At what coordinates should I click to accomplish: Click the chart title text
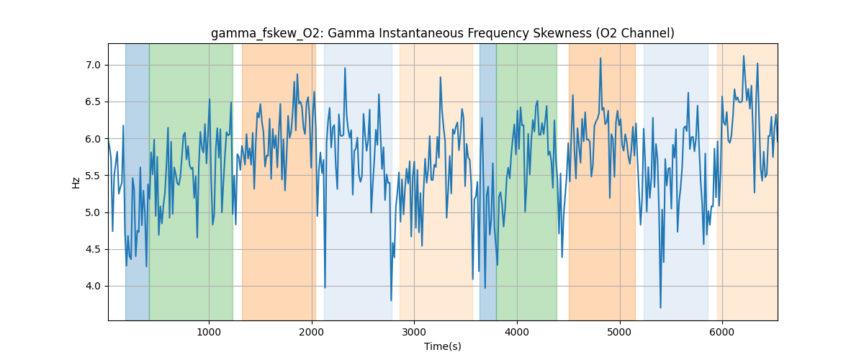pyautogui.click(x=442, y=33)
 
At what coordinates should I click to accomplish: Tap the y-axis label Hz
pyautogui.click(x=76, y=182)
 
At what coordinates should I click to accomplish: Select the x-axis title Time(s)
pyautogui.click(x=442, y=346)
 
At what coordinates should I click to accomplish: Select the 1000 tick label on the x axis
pyautogui.click(x=209, y=332)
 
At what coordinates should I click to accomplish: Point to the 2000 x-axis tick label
pyautogui.click(x=312, y=332)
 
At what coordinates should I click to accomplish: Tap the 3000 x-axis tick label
pyautogui.click(x=414, y=332)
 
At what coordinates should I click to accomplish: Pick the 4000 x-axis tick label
pyautogui.click(x=517, y=332)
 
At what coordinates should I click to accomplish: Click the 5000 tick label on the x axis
pyautogui.click(x=619, y=332)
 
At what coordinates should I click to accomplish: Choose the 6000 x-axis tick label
pyautogui.click(x=722, y=332)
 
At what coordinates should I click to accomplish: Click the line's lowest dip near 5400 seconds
pyautogui.click(x=660, y=307)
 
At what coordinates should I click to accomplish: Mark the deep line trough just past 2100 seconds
pyautogui.click(x=325, y=287)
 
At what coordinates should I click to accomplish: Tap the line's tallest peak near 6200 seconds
pyautogui.click(x=743, y=56)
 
